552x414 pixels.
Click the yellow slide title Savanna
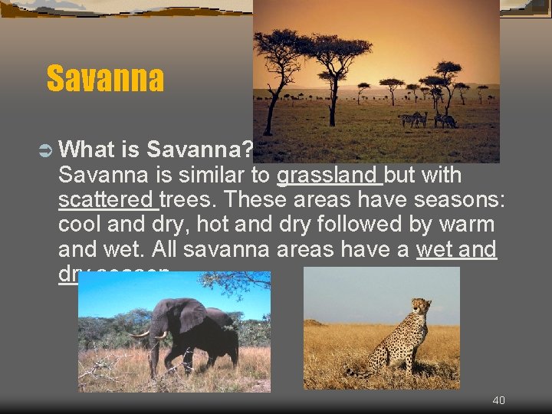[x=105, y=78]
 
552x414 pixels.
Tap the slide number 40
[x=498, y=400]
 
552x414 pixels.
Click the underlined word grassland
[x=329, y=176]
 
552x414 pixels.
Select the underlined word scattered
[x=108, y=200]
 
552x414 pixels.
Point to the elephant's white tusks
[x=150, y=335]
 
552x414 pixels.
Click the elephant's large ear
[x=190, y=315]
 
